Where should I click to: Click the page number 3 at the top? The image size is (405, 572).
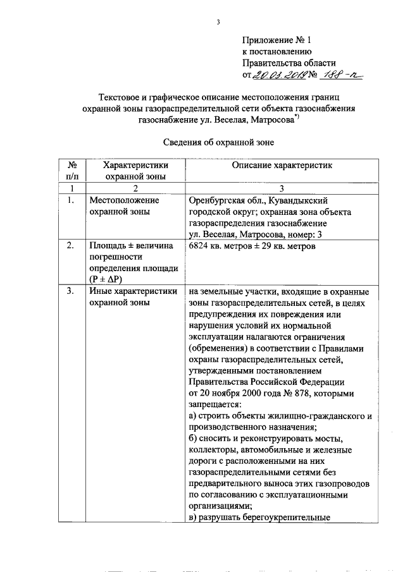pyautogui.click(x=217, y=23)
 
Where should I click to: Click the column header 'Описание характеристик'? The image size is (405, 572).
pyautogui.click(x=282, y=165)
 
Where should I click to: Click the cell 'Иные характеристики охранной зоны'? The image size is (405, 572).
pyautogui.click(x=123, y=297)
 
